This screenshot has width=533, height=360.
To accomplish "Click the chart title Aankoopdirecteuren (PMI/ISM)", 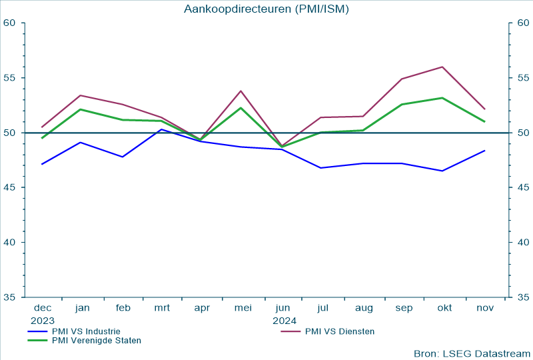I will coord(266,9).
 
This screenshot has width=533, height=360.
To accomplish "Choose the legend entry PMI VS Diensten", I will coord(339,331).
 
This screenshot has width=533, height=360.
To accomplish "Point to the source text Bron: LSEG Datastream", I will coord(472,353).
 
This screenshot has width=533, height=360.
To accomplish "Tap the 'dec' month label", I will coord(42,308).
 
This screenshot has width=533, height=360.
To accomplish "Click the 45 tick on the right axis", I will coord(523,187).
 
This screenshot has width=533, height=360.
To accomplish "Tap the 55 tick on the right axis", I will coord(523,78).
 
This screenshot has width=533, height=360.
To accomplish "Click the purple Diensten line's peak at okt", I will coord(442,67).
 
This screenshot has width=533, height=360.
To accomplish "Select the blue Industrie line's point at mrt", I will coord(161,129).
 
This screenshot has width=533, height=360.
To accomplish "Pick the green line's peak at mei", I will coord(241,108).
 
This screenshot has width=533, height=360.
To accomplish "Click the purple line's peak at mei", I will coord(241,91).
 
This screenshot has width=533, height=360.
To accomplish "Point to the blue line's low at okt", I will coord(442,171).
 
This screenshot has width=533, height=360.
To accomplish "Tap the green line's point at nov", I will coord(484,121).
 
